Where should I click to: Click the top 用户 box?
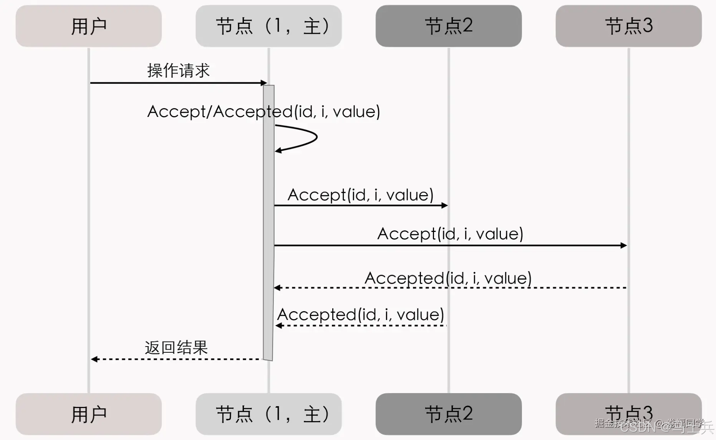pos(88,26)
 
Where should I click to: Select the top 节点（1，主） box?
pos(268,26)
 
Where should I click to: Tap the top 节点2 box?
pos(448,26)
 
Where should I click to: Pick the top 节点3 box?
pos(628,26)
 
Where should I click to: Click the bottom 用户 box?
pos(88,414)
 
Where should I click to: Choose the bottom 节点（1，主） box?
pos(268,414)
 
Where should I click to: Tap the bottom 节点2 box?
pos(448,414)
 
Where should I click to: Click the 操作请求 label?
pos(178,71)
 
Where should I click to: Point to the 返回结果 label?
pos(176,348)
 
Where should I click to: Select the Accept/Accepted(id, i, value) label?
pos(264,112)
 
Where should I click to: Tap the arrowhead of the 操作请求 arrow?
pos(264,83)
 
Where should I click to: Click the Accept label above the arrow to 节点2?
pos(360,195)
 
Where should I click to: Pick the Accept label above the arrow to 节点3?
pos(450,234)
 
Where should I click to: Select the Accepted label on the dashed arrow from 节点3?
pos(448,278)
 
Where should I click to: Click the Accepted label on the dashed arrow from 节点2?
pos(360,315)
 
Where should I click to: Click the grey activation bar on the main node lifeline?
pos(268,223)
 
